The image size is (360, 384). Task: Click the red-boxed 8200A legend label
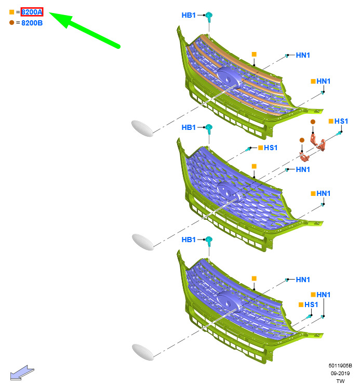click(x=32, y=12)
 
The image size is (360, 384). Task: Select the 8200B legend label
click(x=32, y=23)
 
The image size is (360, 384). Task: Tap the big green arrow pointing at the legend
click(x=85, y=30)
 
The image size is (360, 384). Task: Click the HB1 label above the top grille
click(x=189, y=15)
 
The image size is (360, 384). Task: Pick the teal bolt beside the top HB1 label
click(x=209, y=17)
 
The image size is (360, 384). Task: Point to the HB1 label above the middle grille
click(x=189, y=127)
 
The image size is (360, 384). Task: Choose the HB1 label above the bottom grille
click(x=189, y=240)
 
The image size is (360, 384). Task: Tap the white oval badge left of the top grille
click(x=142, y=128)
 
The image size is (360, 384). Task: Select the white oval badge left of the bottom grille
click(x=143, y=352)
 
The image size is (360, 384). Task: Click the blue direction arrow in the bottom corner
click(x=22, y=373)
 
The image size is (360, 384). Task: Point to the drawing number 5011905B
click(x=340, y=366)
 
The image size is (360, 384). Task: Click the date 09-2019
click(x=340, y=374)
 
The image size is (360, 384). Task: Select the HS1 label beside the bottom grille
click(x=311, y=304)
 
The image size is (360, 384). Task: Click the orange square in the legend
click(x=11, y=12)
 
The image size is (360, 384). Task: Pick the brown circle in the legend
click(x=11, y=22)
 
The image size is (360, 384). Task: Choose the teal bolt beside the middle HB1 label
click(x=209, y=129)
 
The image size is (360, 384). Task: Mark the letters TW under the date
click(x=340, y=381)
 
